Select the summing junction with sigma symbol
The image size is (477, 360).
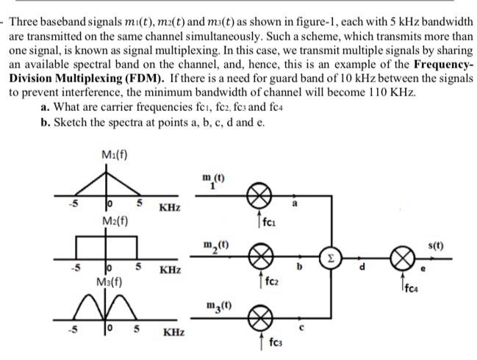coord(331,259)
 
